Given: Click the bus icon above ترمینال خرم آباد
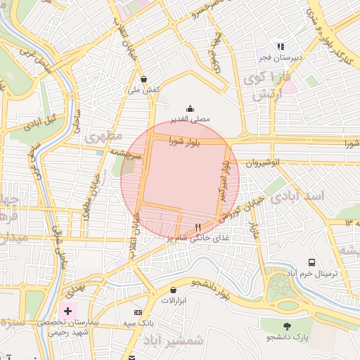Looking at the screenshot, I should click(310, 262).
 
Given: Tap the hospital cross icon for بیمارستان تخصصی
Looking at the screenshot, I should click(68, 310).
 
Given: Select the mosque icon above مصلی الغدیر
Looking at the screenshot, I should click(190, 108).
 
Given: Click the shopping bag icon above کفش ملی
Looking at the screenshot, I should click(144, 79).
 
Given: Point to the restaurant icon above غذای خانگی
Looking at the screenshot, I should click(198, 227).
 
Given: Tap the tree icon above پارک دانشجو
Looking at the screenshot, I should click(288, 326).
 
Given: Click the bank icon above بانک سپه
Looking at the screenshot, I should click(138, 312).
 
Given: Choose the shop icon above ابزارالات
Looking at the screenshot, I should click(174, 290).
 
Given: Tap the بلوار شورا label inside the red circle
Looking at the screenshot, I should click(185, 142).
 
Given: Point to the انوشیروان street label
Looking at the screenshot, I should click(263, 162).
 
